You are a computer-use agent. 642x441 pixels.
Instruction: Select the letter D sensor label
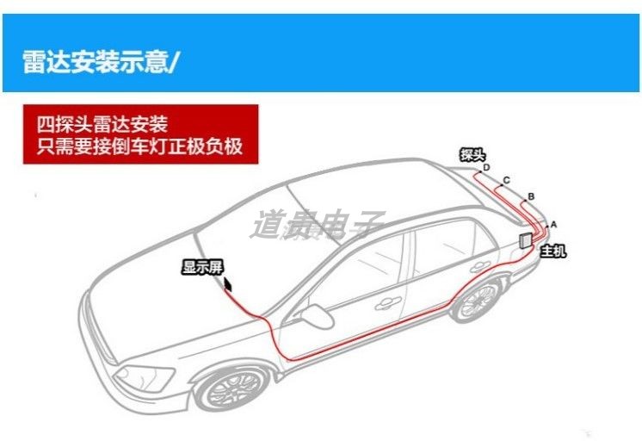click(486, 168)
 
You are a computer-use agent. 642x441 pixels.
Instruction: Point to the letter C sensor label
click(507, 180)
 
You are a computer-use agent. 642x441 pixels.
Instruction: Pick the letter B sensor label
click(531, 197)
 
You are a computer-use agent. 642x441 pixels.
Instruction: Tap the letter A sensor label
click(553, 224)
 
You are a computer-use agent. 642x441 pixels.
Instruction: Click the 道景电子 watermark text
click(317, 225)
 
